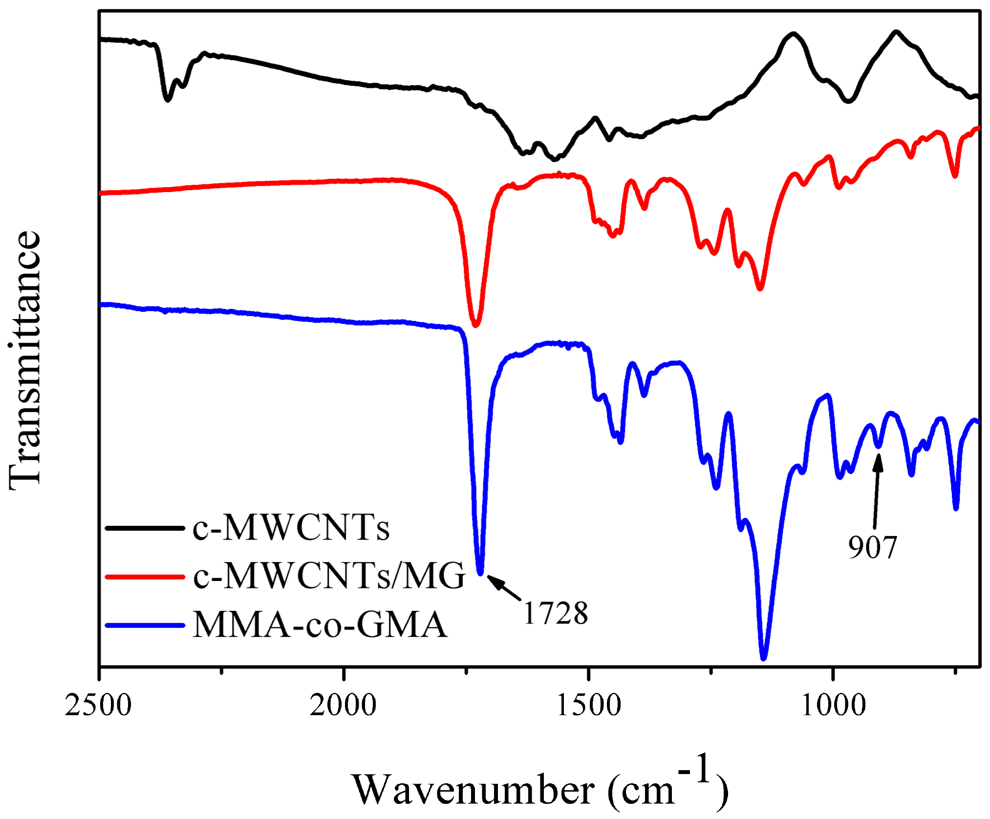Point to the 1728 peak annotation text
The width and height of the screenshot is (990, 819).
(x=556, y=613)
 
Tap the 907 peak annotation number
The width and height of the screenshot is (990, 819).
(x=872, y=547)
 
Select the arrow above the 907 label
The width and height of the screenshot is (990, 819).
(x=877, y=491)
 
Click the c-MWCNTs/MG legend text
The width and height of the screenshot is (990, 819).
(x=329, y=576)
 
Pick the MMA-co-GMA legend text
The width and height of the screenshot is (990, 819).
(x=320, y=625)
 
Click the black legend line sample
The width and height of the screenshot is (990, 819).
(x=145, y=528)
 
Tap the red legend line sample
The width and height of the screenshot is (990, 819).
(x=145, y=577)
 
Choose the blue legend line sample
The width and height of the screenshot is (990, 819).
(x=145, y=625)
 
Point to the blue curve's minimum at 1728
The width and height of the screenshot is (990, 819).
(x=480, y=573)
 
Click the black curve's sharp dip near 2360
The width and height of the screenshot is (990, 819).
(x=168, y=100)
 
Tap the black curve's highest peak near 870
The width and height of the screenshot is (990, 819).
(x=896, y=32)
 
